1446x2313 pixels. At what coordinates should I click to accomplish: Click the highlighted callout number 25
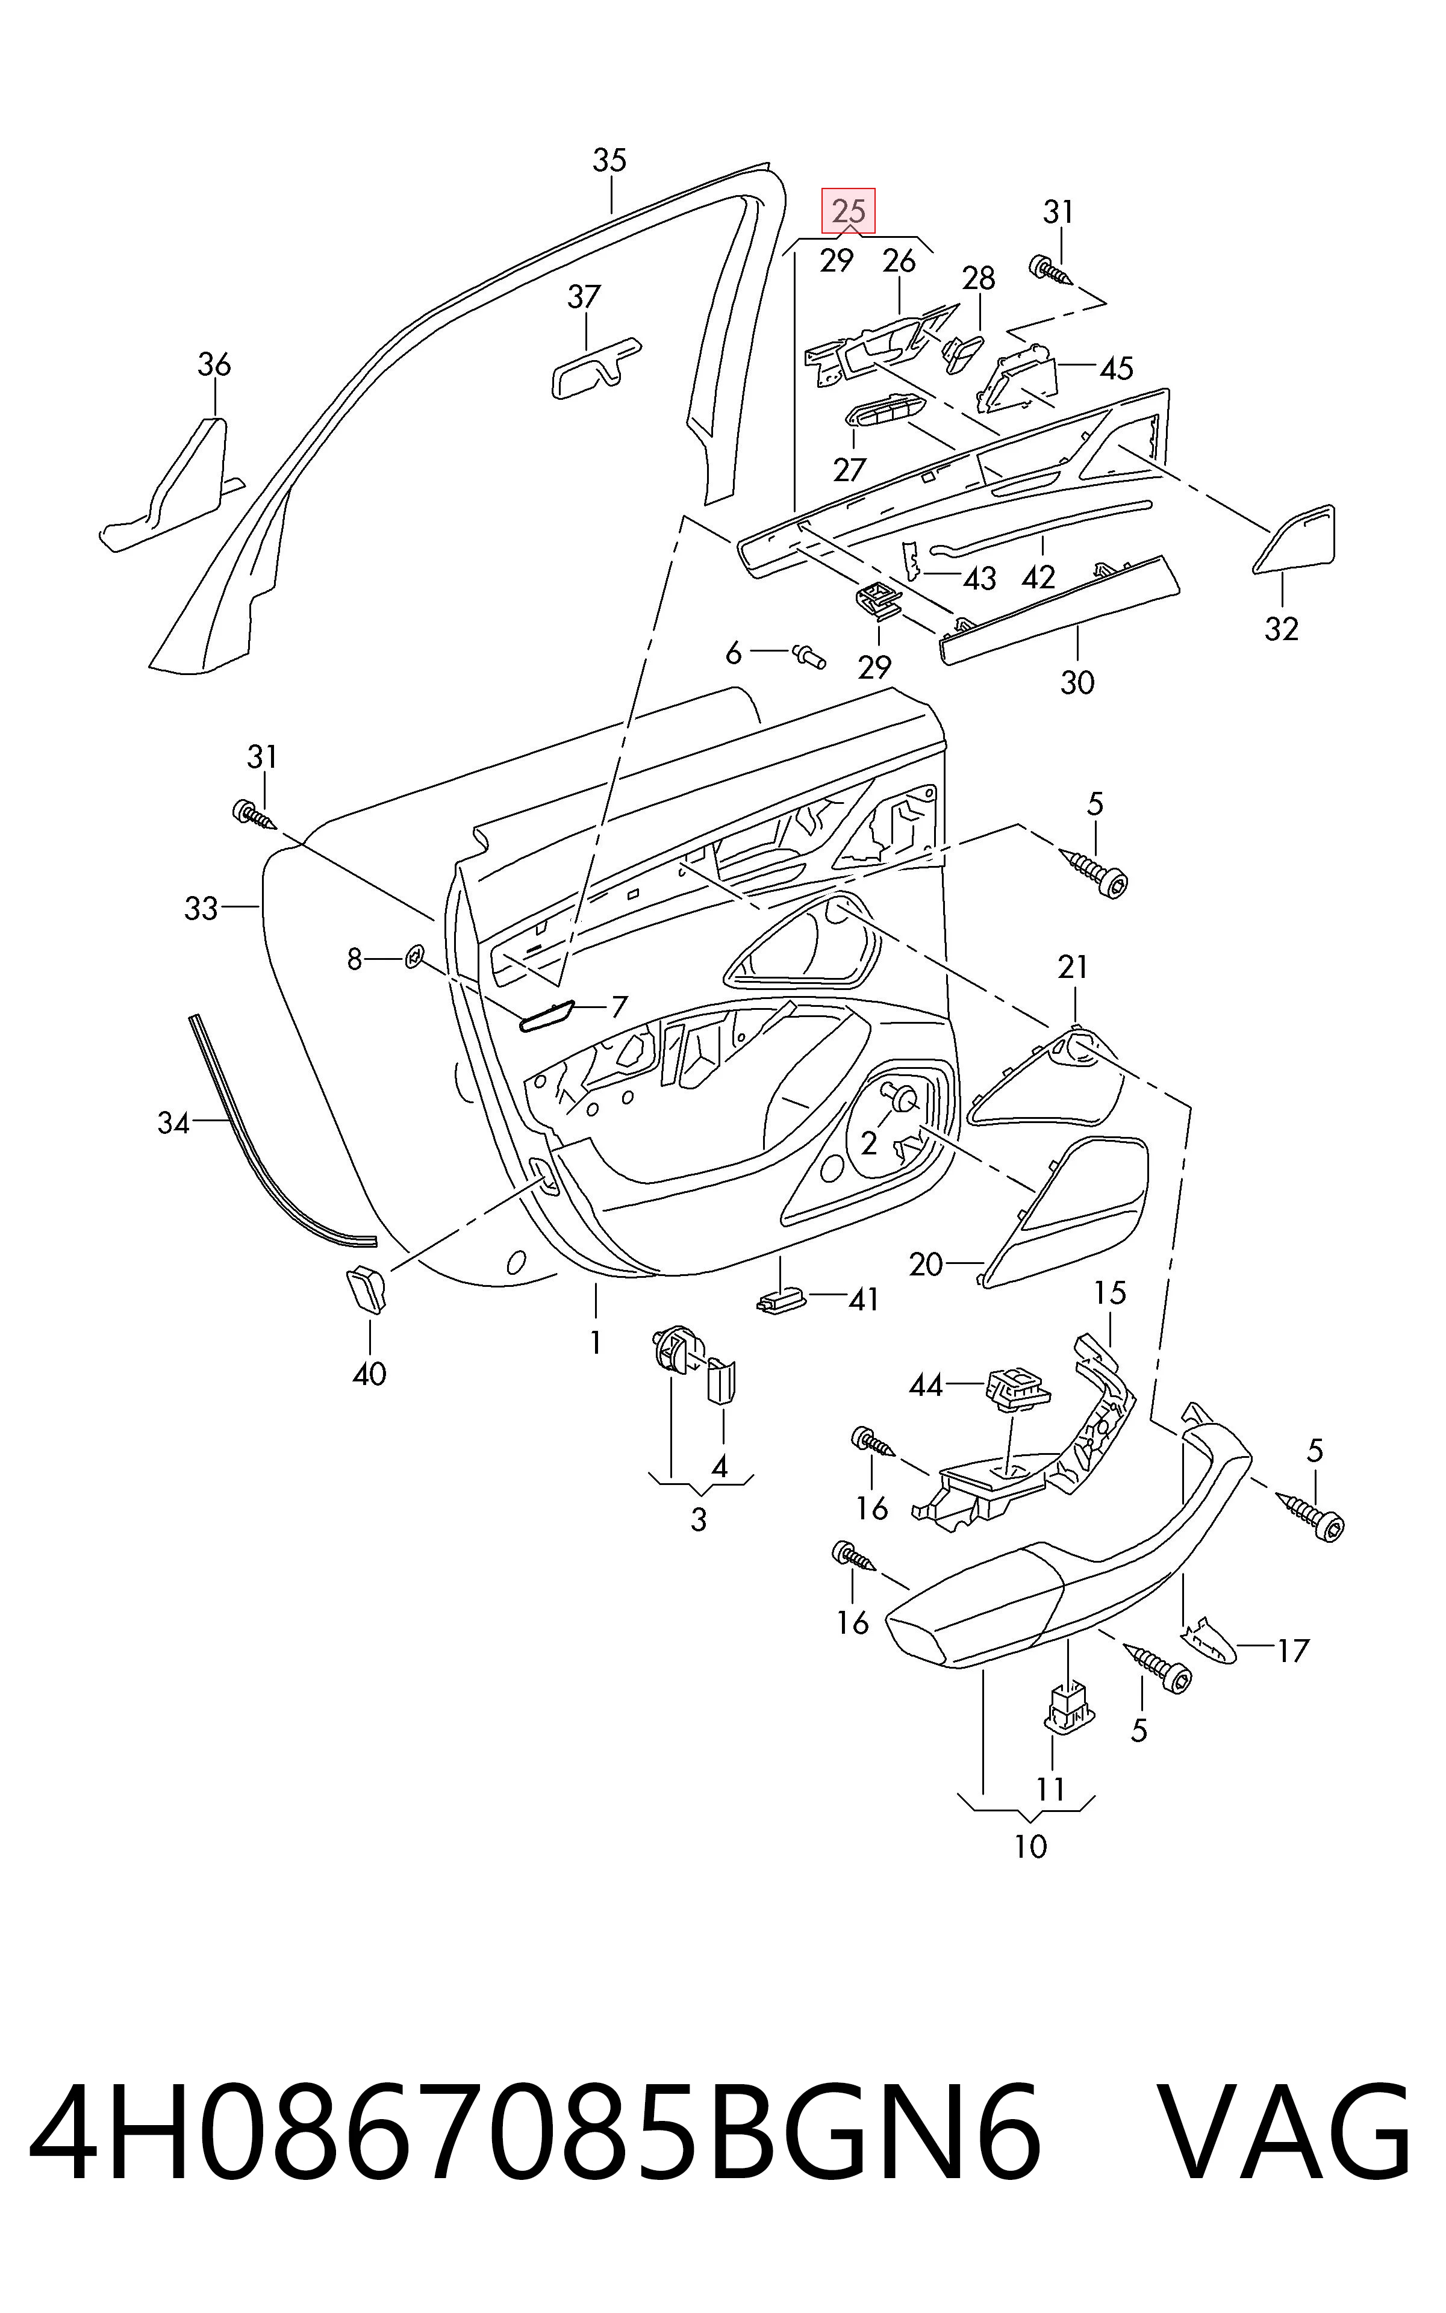click(849, 210)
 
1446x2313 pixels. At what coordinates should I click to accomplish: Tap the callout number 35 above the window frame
click(609, 161)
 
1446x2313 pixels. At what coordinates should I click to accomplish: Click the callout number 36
click(214, 364)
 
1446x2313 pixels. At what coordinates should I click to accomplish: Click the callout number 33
click(201, 907)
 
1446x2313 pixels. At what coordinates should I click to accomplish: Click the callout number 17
click(1292, 1651)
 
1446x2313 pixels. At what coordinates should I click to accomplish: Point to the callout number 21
click(1073, 968)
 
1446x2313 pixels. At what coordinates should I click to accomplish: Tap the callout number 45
click(1116, 368)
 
